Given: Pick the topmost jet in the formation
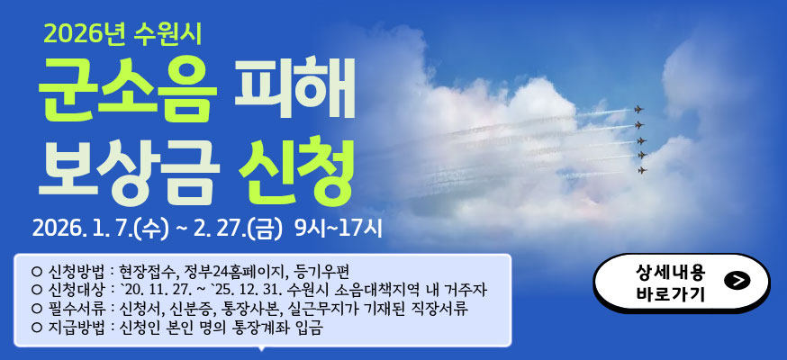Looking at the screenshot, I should (639, 109).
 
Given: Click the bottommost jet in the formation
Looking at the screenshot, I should (642, 170).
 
